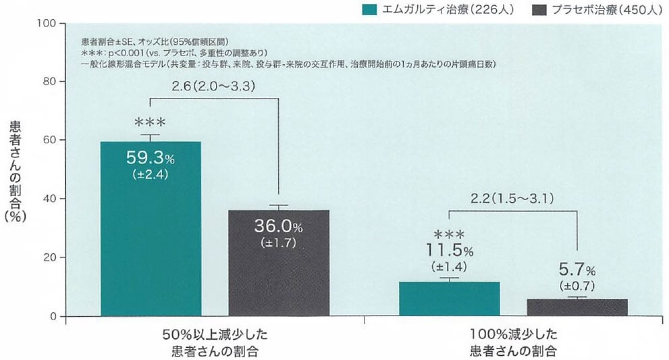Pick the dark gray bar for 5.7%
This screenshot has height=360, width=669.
click(577, 307)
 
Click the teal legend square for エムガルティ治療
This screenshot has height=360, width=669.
click(369, 9)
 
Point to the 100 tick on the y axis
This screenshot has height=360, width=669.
click(46, 23)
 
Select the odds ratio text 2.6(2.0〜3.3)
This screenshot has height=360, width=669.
click(214, 86)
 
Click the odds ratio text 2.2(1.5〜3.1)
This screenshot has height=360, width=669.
click(514, 199)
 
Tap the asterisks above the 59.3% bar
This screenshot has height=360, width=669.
click(150, 123)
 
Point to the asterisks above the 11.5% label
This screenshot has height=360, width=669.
click(449, 234)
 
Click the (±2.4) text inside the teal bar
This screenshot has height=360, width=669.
click(151, 174)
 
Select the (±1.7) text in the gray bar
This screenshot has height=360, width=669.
click(279, 241)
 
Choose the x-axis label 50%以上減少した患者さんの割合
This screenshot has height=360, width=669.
click(215, 342)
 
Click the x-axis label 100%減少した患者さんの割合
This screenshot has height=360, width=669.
click(514, 342)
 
